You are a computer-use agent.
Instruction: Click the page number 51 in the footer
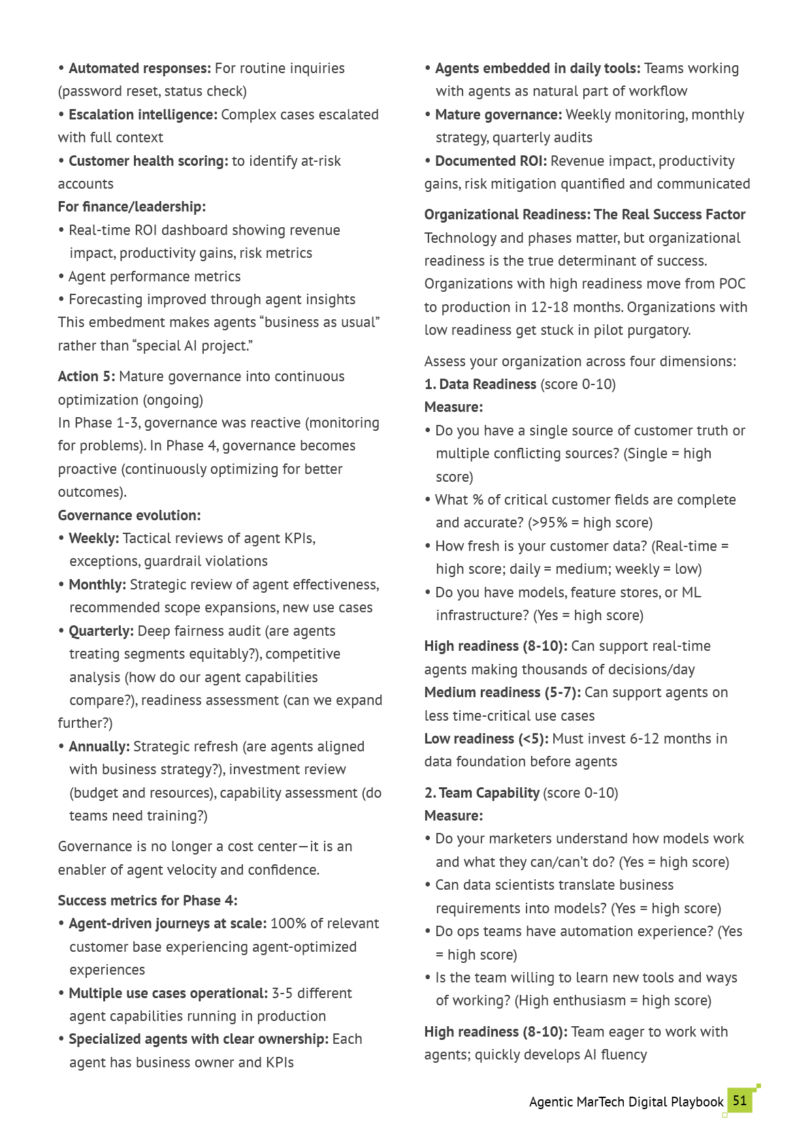739,1101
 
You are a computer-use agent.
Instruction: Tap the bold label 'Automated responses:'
140,69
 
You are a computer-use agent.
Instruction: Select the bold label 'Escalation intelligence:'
143,115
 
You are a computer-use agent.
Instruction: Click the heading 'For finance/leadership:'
132,207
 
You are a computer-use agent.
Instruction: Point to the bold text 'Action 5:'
86,377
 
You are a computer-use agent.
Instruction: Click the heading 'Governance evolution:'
129,516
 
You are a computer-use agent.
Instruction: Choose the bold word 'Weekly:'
93,539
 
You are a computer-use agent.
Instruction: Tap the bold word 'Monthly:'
97,585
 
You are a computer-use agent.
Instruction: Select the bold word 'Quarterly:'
101,631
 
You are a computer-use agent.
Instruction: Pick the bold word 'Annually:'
99,747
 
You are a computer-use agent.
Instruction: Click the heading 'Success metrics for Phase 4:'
148,901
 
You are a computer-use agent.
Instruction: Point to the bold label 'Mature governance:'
498,115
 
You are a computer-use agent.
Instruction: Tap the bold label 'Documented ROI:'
491,161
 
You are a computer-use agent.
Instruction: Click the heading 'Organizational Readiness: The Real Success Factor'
585,215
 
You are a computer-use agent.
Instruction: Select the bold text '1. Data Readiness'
480,384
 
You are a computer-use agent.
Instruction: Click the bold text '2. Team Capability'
482,793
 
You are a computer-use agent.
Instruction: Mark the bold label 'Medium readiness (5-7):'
502,693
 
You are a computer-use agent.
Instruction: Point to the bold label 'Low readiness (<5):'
487,739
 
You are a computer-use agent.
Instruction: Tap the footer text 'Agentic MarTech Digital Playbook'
626,1103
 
